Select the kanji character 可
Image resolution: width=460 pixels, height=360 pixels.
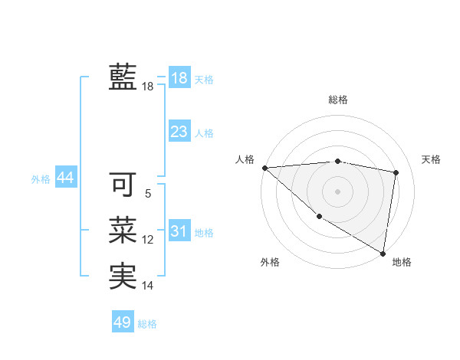[x=123, y=184]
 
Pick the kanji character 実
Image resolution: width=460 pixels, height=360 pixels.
[x=123, y=275]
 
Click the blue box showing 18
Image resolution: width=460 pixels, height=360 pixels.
[x=179, y=78]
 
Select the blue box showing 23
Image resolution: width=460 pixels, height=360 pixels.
[x=179, y=132]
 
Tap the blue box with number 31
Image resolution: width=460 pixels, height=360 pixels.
[x=179, y=231]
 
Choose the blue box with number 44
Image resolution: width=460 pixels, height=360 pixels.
[x=66, y=178]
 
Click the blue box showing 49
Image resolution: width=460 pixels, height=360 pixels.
[x=123, y=322]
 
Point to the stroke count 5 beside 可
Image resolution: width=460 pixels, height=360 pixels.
[x=148, y=195]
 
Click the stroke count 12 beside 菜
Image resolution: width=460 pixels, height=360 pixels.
[x=148, y=241]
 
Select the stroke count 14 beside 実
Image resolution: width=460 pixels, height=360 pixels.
[x=148, y=286]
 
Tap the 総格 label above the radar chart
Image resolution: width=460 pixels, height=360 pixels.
[x=338, y=100]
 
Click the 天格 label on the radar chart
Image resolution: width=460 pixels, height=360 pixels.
[x=431, y=159]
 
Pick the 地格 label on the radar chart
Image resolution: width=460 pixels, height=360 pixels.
[x=402, y=262]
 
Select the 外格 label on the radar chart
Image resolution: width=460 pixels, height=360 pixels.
[x=270, y=262]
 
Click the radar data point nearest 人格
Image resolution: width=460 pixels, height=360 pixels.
[x=264, y=168]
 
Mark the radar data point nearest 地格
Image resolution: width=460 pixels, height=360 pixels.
[x=383, y=253]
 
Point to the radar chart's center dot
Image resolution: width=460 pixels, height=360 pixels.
[x=337, y=191]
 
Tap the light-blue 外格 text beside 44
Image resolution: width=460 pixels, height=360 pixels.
[x=41, y=179]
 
